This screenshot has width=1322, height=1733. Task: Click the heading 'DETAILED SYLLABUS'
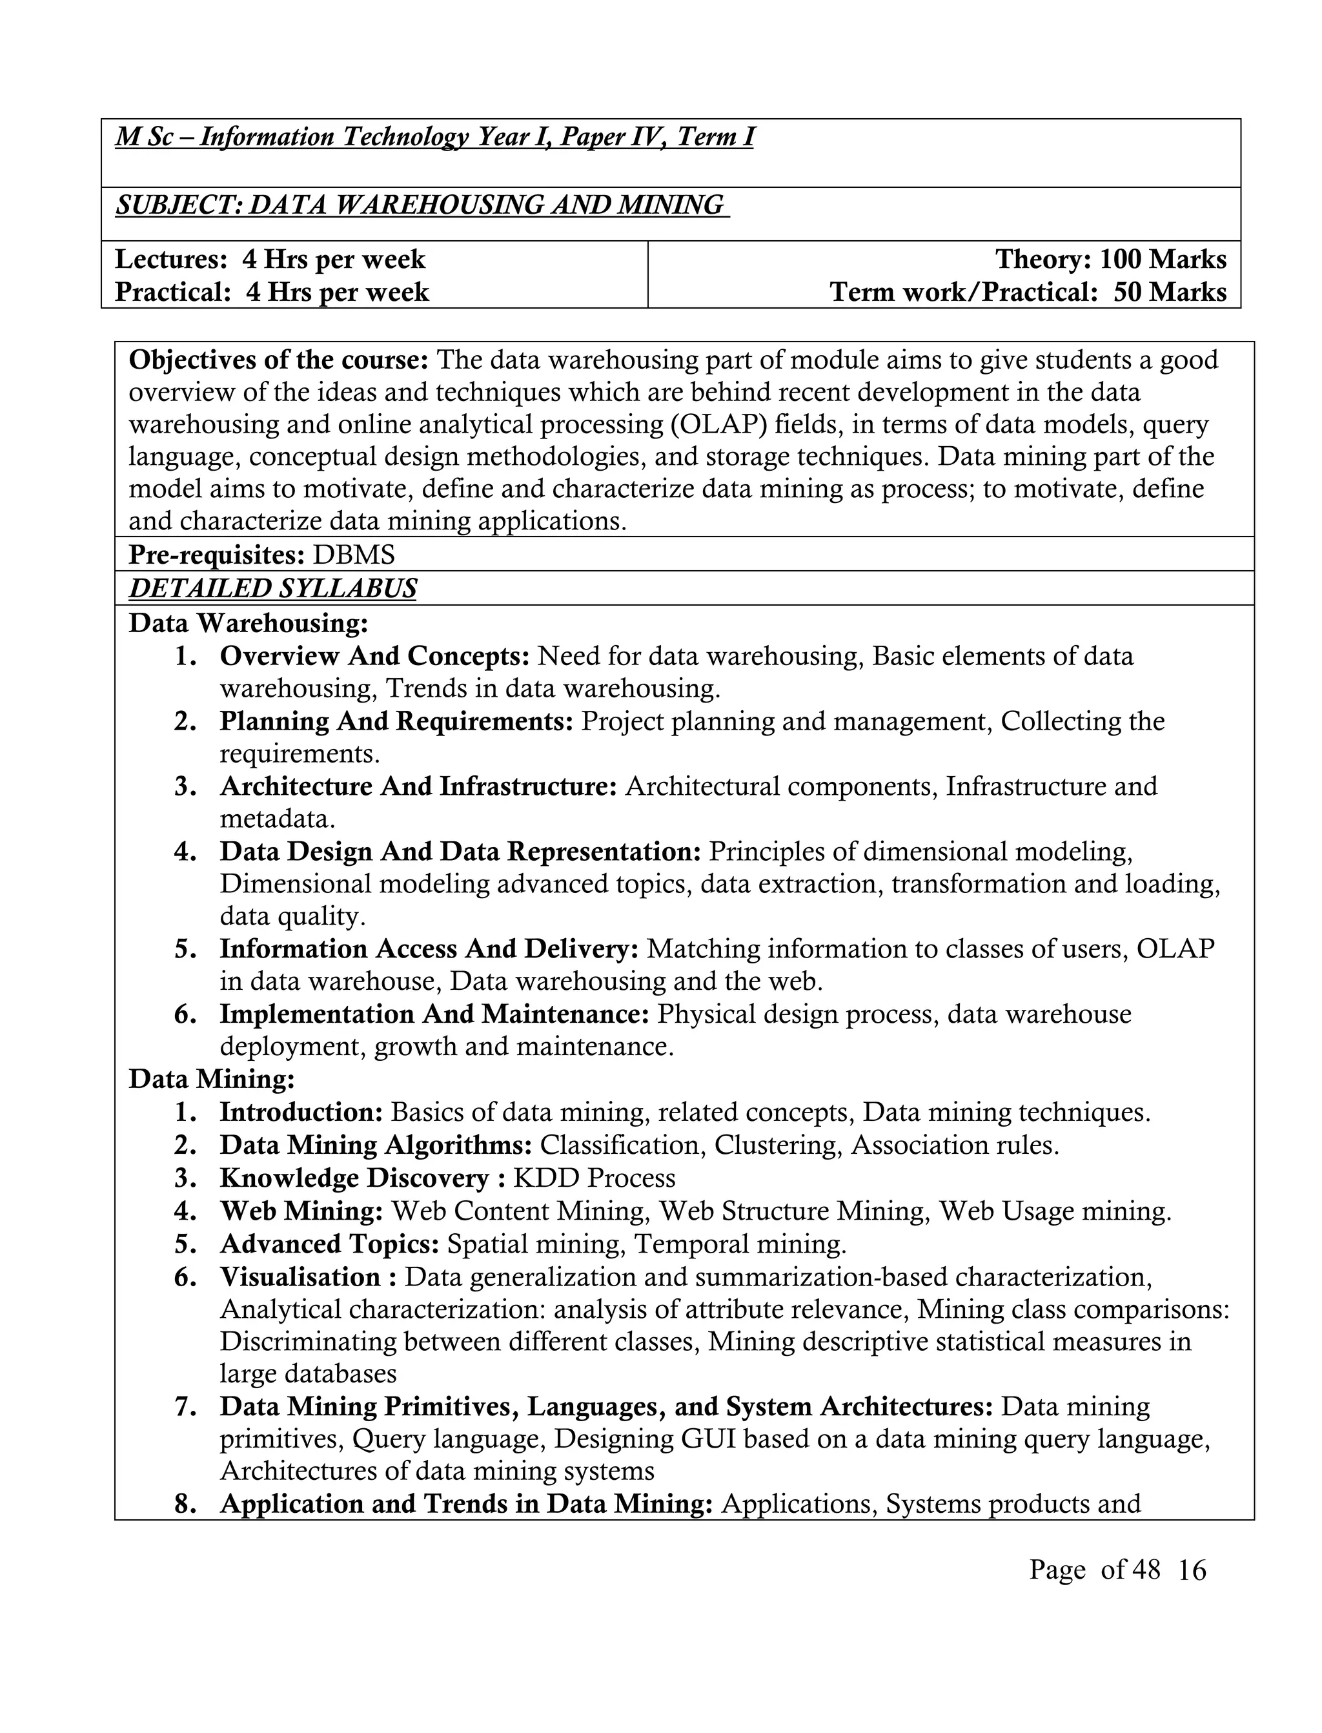coord(272,589)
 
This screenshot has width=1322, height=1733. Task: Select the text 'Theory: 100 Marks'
coord(1110,259)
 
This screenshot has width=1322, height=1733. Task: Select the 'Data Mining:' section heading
coord(212,1078)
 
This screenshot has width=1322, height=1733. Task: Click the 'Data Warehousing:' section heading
coord(248,622)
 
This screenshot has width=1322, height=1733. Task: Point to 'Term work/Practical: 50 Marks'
coord(1028,292)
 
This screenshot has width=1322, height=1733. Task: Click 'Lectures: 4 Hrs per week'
coord(270,259)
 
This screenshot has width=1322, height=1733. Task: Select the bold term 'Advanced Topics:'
coord(329,1244)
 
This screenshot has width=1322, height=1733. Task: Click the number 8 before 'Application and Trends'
coord(185,1504)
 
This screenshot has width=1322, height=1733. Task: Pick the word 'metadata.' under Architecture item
coord(277,819)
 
